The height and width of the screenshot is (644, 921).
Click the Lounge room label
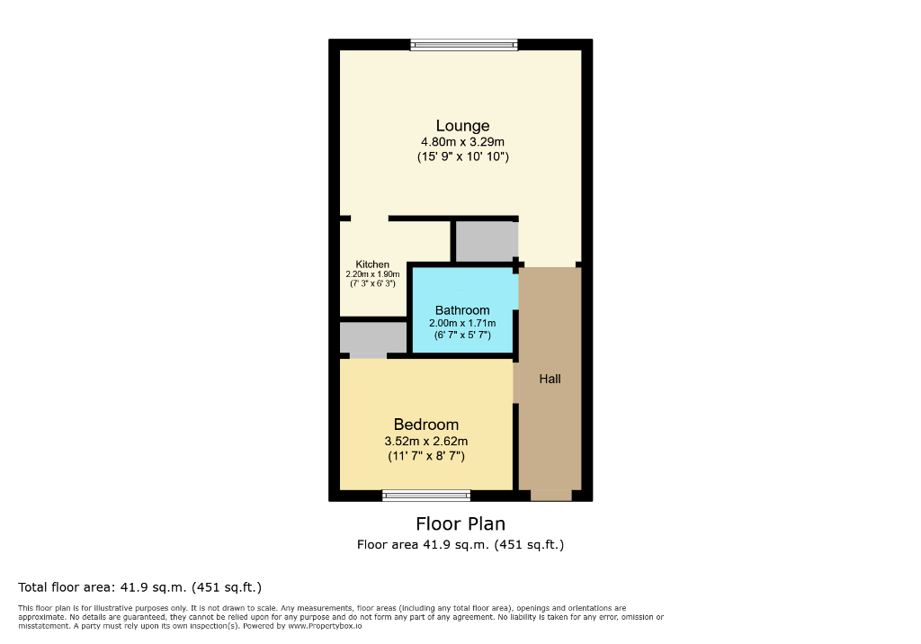[x=462, y=126]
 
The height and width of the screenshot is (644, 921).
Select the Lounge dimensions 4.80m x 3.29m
[x=462, y=142]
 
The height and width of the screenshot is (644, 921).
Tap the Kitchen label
[x=372, y=264]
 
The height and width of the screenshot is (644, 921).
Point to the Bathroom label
[x=462, y=310]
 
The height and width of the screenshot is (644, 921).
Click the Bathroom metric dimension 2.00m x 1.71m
[x=462, y=323]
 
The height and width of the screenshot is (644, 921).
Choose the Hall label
[x=550, y=379]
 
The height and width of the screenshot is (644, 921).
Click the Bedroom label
[x=426, y=425]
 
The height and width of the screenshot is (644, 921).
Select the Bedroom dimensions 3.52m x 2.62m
[x=426, y=442]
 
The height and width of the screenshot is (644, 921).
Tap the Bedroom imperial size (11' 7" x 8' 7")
[x=426, y=456]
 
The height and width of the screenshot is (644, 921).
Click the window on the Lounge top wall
[x=464, y=45]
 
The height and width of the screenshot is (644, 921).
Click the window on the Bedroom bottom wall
[x=426, y=495]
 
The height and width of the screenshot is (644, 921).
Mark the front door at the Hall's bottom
[x=550, y=495]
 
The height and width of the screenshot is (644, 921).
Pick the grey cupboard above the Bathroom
[x=486, y=241]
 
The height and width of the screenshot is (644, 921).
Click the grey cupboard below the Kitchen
[x=372, y=338]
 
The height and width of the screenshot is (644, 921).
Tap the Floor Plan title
[x=460, y=523]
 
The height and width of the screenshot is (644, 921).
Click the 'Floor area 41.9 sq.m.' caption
[x=460, y=544]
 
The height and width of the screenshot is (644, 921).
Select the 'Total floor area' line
[x=139, y=587]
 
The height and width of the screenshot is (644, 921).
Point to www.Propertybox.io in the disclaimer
[x=325, y=625]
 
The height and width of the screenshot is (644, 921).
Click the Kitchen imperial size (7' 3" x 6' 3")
[x=372, y=283]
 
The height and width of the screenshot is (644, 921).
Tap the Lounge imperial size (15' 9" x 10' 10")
[x=462, y=157]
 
